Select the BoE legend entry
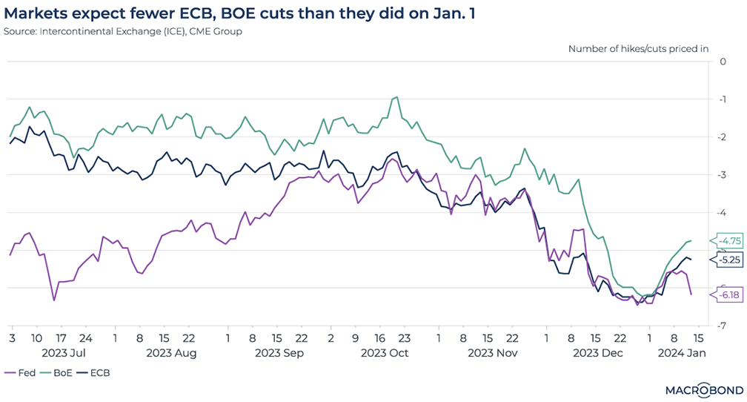pyautogui.click(x=56, y=373)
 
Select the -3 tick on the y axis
pyautogui.click(x=721, y=175)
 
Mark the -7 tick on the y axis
pyautogui.click(x=721, y=326)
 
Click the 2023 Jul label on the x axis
pyautogui.click(x=66, y=353)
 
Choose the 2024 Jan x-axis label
pyautogui.click(x=683, y=353)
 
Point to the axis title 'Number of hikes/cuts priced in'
pyautogui.click(x=638, y=48)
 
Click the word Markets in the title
pyautogui.click(x=33, y=13)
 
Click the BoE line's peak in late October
pyautogui.click(x=396, y=96)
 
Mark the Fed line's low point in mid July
pyautogui.click(x=54, y=300)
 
